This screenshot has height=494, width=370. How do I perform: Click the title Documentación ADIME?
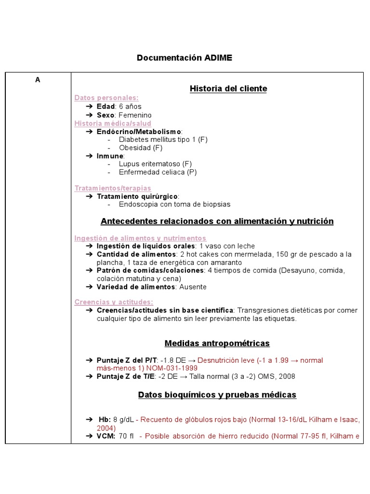(185, 58)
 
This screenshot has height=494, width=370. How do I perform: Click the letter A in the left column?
(38, 80)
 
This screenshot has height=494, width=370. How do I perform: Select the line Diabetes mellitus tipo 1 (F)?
(163, 139)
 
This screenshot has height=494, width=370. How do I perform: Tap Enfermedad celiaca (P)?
(158, 172)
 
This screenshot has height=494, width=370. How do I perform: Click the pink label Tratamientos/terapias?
(113, 188)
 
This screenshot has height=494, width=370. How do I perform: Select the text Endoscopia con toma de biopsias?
(174, 204)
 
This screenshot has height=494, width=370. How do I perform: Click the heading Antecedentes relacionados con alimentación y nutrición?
(217, 221)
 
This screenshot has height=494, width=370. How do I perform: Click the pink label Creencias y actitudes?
(114, 302)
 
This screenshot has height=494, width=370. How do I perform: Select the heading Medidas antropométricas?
(217, 343)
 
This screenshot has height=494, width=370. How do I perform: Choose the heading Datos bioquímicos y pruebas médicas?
(217, 395)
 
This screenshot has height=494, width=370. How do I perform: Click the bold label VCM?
(106, 436)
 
